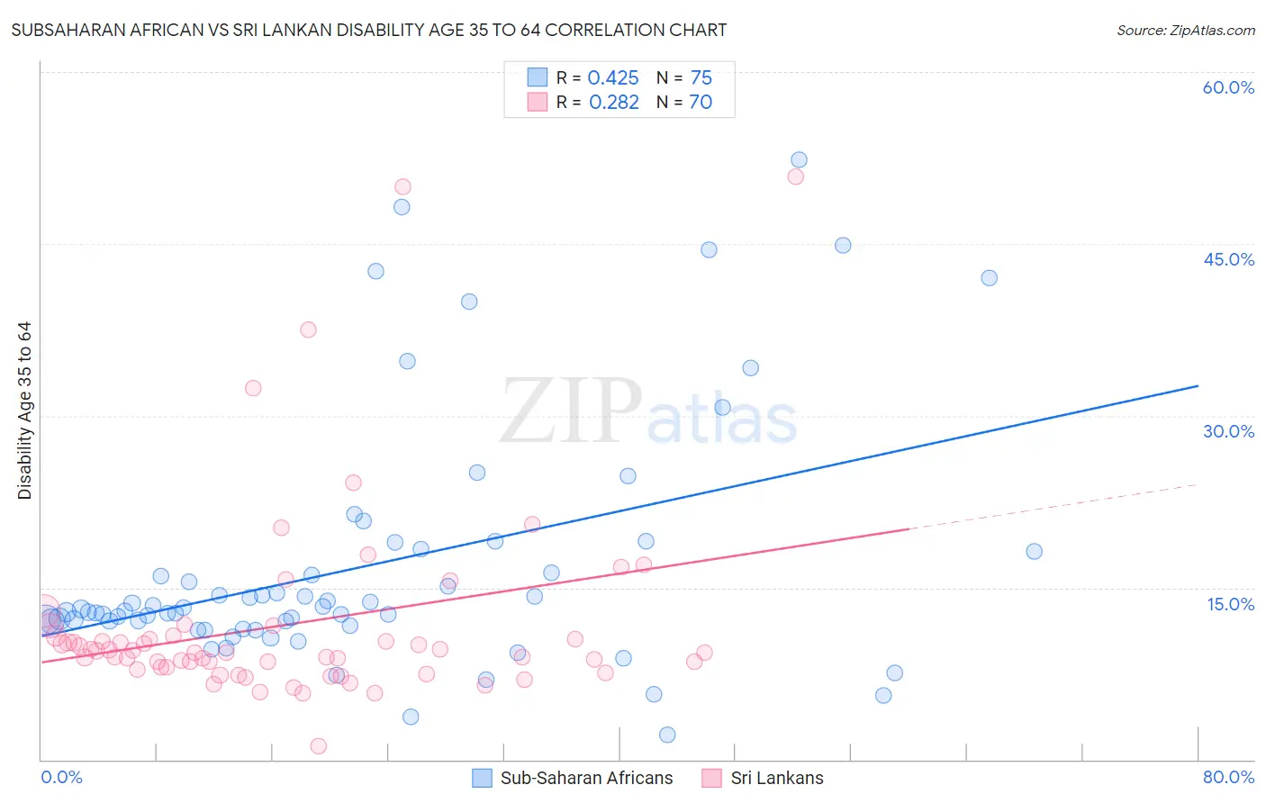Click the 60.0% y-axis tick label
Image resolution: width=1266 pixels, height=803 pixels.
tap(1228, 87)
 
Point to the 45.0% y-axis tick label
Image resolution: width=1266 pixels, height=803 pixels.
tap(1228, 259)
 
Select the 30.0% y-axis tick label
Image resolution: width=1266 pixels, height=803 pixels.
tap(1228, 431)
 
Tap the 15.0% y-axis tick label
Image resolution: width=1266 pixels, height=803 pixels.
tap(1230, 604)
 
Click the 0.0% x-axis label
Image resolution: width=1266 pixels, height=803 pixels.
tap(61, 777)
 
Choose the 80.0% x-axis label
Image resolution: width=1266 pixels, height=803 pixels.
tap(1228, 777)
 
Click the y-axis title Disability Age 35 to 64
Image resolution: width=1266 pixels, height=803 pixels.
tap(24, 411)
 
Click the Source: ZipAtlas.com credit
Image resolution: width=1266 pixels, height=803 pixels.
tap(1185, 31)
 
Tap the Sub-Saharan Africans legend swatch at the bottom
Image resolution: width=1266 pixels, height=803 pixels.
tap(483, 778)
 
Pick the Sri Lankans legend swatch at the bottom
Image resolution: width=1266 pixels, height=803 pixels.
tap(712, 778)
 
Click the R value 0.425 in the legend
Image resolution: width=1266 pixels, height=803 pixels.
tap(613, 78)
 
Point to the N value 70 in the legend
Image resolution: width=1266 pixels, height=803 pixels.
tap(701, 103)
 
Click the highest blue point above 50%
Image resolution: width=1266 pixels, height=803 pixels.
tap(799, 160)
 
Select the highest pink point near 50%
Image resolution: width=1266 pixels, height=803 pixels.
tap(402, 187)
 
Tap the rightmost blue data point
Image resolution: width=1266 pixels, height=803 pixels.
tap(1034, 552)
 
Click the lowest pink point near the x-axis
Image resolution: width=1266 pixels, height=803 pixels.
tap(318, 745)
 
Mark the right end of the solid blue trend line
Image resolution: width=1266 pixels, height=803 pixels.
tap(1197, 386)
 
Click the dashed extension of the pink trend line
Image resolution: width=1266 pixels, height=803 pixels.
tap(1053, 507)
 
